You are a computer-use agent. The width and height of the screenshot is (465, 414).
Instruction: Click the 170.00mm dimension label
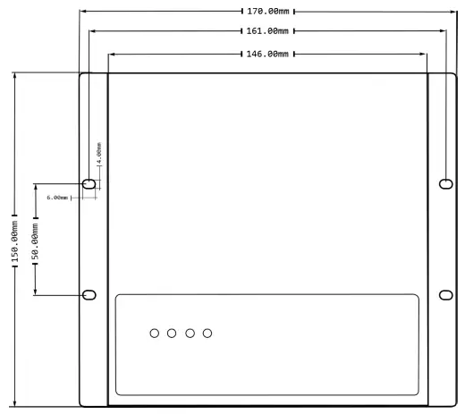[267, 12]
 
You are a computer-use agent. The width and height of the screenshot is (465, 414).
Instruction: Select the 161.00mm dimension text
[267, 31]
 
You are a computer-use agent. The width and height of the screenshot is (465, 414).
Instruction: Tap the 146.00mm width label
[267, 54]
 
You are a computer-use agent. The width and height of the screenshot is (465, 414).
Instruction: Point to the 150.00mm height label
[13, 240]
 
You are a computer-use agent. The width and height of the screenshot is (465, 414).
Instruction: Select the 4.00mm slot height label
[99, 153]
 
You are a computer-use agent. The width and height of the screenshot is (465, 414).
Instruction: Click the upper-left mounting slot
[89, 183]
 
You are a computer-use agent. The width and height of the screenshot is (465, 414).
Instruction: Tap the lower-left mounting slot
[89, 295]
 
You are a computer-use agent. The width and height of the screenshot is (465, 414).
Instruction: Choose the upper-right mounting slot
[446, 183]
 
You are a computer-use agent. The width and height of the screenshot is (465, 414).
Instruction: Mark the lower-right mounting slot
[446, 295]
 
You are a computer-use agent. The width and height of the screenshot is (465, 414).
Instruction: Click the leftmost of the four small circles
[155, 334]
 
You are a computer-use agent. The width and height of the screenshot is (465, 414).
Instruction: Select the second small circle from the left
[172, 334]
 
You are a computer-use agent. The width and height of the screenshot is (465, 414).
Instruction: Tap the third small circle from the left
[190, 334]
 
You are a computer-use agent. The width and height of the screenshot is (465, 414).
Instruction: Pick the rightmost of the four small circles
[207, 334]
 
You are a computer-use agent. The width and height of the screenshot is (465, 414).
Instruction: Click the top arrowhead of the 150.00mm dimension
[13, 74]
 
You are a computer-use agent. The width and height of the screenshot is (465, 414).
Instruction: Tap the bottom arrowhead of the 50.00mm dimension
[35, 294]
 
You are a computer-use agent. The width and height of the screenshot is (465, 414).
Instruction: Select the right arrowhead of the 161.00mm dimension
[444, 31]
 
